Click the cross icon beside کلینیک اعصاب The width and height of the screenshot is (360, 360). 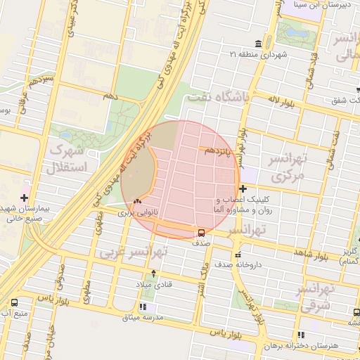click(x=243, y=188)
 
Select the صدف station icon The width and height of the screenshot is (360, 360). click(x=202, y=233)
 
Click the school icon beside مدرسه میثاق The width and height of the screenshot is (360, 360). click(x=143, y=307)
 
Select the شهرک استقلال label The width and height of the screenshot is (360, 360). click(x=65, y=159)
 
